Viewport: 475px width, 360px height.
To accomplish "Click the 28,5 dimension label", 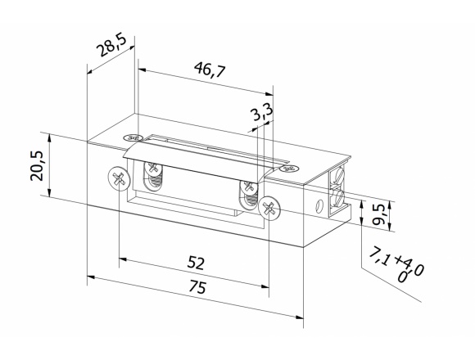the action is tap(111, 46).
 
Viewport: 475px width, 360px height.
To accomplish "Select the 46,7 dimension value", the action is tap(210, 70).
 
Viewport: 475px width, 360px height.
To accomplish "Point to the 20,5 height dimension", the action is tap(37, 165).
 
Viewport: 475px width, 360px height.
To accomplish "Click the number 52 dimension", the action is tap(196, 263).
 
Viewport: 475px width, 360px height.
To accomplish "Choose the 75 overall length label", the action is tap(197, 286).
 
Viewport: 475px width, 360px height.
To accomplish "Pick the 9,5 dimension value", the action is tap(378, 214).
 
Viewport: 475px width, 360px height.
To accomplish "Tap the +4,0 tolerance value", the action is tap(409, 266).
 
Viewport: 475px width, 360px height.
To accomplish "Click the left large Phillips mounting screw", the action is tap(120, 178).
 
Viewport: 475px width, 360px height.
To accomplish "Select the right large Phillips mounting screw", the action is tap(269, 208).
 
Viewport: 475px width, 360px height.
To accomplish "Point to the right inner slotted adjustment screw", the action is tap(249, 187).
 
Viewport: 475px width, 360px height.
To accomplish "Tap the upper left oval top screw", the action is tap(133, 137).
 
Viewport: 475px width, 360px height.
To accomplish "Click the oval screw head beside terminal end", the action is tap(289, 169).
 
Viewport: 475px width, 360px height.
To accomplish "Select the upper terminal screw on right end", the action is tap(339, 176).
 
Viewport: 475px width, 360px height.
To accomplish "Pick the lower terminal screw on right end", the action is tap(339, 198).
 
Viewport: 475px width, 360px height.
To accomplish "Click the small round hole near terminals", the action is tap(318, 207).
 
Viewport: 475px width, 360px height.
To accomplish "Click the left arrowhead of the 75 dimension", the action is tap(92, 277).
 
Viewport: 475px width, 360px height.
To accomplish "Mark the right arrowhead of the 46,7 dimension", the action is tap(269, 94).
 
